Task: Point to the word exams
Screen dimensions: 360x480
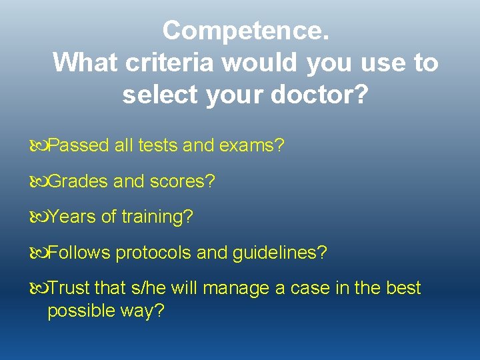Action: pyautogui.click(x=255, y=145)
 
